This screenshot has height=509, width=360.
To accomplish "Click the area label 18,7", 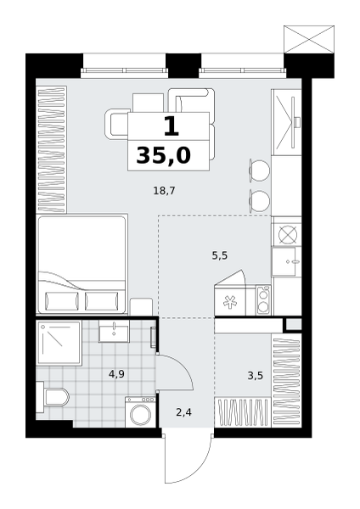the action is (x=164, y=191).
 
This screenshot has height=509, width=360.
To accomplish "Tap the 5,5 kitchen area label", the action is (x=220, y=256).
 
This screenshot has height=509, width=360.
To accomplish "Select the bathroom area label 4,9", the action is (x=116, y=374).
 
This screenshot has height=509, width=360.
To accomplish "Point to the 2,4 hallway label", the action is (x=183, y=412).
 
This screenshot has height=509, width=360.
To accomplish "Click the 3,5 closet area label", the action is (x=255, y=376).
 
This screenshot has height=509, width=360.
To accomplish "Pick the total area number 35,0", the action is (x=163, y=155).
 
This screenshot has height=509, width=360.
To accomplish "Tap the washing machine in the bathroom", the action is (x=140, y=411).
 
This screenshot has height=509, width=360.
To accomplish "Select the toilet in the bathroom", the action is (x=53, y=397).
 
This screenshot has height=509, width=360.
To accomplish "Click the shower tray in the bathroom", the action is (x=59, y=343).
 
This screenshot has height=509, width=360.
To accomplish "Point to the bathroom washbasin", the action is (x=114, y=331).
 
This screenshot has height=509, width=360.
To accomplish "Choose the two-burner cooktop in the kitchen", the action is (x=263, y=299).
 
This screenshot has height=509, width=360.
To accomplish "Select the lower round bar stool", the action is (x=259, y=202).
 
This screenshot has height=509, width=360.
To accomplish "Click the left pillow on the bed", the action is (x=62, y=300).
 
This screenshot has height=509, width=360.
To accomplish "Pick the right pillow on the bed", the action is (x=102, y=300).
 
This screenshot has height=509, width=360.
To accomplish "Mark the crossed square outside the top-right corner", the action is (x=309, y=39).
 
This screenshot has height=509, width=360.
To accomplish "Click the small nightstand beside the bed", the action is (x=141, y=306).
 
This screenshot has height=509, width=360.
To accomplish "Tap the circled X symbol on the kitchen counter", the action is (x=288, y=233).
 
